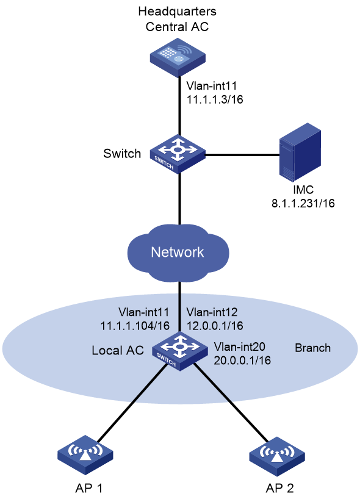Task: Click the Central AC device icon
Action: coord(178,58)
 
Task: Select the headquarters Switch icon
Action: coord(178,154)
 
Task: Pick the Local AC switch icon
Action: coord(180,351)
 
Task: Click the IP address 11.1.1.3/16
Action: coord(215,99)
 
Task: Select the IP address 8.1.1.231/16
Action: coord(303,203)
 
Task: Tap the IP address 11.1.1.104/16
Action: coord(135,326)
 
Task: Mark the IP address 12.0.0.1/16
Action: coord(215,326)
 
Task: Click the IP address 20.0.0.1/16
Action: coord(242,361)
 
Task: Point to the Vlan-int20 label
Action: coord(240,346)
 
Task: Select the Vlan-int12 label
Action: coord(212,312)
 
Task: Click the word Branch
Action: coord(313,348)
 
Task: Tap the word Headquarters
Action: coord(178,12)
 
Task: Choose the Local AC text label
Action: coord(118,350)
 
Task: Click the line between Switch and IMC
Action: coord(242,155)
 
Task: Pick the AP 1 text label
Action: coord(89,488)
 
